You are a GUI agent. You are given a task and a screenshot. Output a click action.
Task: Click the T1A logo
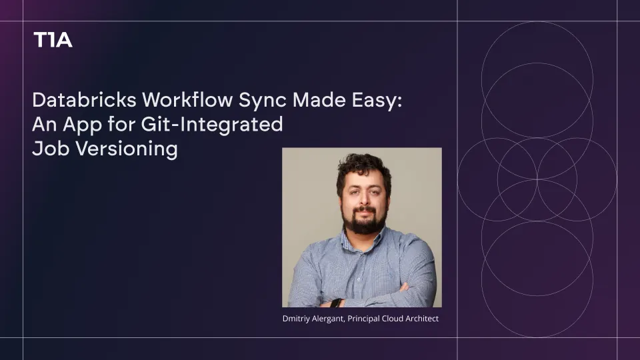point(53,39)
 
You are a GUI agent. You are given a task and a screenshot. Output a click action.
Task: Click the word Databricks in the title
point(84,99)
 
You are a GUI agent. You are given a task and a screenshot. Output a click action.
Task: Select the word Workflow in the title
point(187,99)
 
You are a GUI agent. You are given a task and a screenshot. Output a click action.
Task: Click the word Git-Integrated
point(212,125)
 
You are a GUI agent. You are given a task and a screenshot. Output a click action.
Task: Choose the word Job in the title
point(45,149)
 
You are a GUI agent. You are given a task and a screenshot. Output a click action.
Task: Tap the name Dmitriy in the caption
point(296,319)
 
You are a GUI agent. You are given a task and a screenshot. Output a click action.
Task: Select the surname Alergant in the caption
point(329,319)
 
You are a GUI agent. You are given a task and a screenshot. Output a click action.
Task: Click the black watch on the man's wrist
point(335,303)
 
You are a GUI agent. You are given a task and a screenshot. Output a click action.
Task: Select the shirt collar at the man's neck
point(363,238)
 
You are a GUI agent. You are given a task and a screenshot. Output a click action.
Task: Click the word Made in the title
point(319,99)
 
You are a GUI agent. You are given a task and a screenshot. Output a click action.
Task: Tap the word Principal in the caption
point(363,319)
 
